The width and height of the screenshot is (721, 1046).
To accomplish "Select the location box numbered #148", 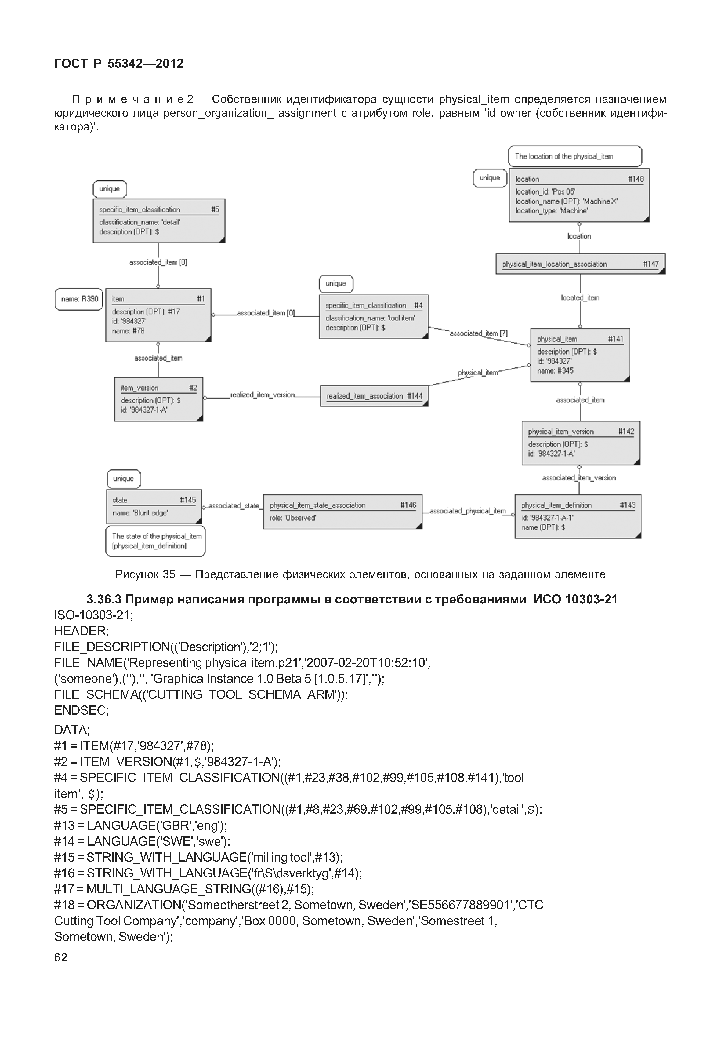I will [579, 195].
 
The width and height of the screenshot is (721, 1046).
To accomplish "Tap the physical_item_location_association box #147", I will [580, 264].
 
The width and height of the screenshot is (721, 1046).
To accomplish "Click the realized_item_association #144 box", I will [374, 396].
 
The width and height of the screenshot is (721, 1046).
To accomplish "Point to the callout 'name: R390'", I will [79, 299].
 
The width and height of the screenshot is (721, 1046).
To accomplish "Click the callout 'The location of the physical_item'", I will [574, 156].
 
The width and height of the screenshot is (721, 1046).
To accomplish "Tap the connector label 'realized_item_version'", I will [262, 395].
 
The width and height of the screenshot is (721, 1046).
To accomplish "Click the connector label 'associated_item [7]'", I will [478, 333].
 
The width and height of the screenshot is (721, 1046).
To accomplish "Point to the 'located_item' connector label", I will [580, 298].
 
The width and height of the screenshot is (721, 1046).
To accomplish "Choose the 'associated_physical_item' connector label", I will [467, 511].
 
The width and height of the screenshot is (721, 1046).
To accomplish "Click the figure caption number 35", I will [168, 574].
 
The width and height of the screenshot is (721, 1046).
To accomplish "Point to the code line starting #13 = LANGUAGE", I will [140, 826].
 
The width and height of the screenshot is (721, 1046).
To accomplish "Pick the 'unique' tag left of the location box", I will [489, 178].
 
